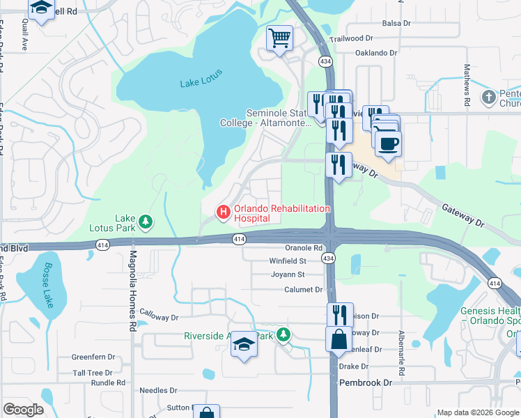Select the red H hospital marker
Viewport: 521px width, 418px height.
(x=223, y=211)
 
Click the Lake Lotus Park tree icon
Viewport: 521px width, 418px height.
(x=145, y=222)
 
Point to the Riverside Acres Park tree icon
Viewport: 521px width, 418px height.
(x=283, y=335)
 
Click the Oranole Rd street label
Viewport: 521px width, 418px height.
(x=304, y=247)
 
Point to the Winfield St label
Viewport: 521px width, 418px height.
(x=288, y=261)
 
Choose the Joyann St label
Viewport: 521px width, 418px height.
(x=288, y=275)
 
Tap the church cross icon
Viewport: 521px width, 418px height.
(x=489, y=96)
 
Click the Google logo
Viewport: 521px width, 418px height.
(x=23, y=410)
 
